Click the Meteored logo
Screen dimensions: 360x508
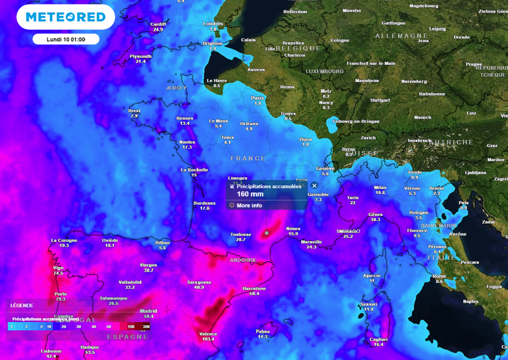[x=65, y=17]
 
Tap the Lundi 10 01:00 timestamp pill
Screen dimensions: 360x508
[x=66, y=39]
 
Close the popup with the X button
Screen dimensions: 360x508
[x=314, y=185]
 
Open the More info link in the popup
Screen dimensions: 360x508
[x=249, y=205]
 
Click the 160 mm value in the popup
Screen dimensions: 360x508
[x=247, y=194]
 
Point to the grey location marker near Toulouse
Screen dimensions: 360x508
[x=267, y=233]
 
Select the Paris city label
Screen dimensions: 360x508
[x=257, y=98]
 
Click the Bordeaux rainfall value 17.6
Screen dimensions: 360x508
[x=205, y=208]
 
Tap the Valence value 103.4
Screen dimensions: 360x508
[x=208, y=339]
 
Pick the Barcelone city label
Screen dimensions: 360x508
[x=254, y=288]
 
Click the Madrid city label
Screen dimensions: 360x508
[x=148, y=311]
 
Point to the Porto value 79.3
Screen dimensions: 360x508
[x=61, y=299]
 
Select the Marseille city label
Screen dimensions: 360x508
[x=312, y=242]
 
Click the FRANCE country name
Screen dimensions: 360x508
[x=248, y=159]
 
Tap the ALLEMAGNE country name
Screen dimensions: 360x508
[x=401, y=36]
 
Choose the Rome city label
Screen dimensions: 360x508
[x=439, y=276]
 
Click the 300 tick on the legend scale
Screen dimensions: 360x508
[x=146, y=327]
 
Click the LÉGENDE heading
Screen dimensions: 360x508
[x=22, y=305]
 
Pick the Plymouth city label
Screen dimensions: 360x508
[x=140, y=56]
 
